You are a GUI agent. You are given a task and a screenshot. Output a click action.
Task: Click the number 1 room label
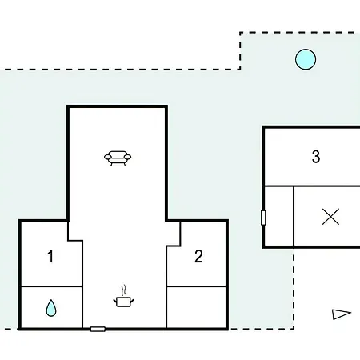click(50, 256)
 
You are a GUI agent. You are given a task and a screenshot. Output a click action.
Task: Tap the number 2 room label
click(198, 256)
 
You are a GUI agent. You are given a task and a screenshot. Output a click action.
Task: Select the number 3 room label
click(316, 157)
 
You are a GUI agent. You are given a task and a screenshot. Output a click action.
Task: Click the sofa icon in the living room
click(118, 158)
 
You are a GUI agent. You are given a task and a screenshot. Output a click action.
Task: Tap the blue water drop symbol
click(51, 308)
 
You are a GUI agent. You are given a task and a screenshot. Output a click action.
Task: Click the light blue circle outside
click(306, 59)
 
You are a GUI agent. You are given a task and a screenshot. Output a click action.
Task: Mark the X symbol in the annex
click(330, 217)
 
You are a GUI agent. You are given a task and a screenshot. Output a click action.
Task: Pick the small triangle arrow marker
click(341, 314)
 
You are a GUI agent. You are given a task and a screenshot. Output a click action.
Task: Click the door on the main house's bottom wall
click(98, 329)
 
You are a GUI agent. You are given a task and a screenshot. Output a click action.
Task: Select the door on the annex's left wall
click(263, 218)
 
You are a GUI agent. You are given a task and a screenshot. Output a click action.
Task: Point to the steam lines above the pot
click(123, 290)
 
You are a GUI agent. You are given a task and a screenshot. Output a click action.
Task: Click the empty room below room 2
click(197, 307)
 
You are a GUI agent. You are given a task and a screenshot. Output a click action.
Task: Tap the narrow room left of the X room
click(279, 216)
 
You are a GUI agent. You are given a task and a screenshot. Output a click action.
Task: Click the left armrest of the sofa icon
click(107, 157)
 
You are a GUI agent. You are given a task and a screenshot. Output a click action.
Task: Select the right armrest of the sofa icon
click(128, 157)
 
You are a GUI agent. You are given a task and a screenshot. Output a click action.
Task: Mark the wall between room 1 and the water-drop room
click(51, 286)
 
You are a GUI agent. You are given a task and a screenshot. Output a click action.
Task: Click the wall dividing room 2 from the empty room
click(197, 286)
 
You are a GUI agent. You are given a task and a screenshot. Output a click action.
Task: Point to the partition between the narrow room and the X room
click(294, 216)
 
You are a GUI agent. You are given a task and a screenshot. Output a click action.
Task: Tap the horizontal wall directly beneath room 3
click(312, 186)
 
